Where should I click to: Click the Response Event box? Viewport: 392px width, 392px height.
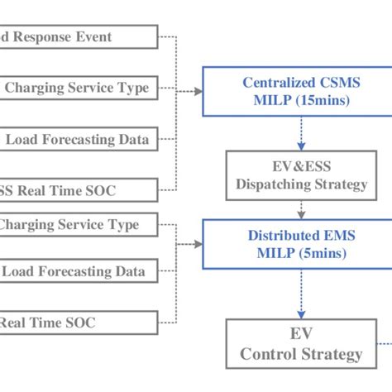tap(79, 36)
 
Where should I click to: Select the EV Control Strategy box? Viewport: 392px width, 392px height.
tap(301, 345)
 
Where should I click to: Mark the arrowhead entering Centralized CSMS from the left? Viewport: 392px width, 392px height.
tap(198, 91)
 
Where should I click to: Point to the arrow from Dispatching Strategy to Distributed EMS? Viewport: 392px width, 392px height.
tap(301, 208)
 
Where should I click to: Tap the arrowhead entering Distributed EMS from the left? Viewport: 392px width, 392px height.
tap(198, 244)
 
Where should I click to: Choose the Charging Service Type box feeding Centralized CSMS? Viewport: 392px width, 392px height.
tap(79, 87)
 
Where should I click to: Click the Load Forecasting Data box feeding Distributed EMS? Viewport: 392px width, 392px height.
tap(79, 271)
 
